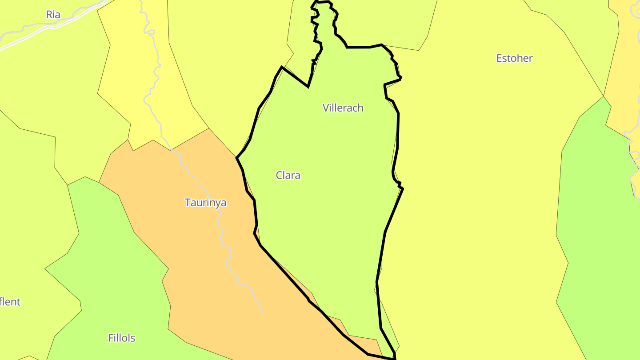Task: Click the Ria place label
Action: (x=53, y=15)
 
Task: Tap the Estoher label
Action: (x=514, y=58)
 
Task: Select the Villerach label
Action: (x=343, y=108)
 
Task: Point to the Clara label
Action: (x=288, y=175)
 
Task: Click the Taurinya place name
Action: (x=205, y=203)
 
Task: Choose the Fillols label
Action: (x=122, y=338)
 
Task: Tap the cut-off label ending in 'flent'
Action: (x=10, y=302)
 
